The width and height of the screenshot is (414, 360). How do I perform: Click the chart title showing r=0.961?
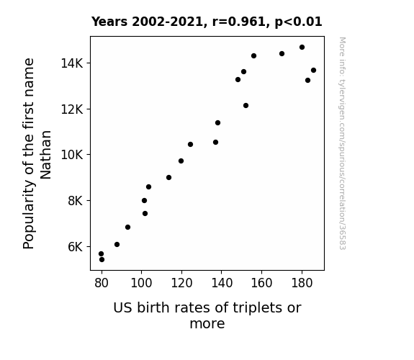coord(207,22)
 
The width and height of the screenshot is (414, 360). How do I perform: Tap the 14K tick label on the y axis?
coord(72,63)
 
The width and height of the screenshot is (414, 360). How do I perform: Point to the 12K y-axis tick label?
coord(72,109)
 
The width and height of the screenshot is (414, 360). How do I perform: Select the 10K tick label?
coord(72,155)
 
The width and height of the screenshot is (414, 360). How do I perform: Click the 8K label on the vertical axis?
coord(76,201)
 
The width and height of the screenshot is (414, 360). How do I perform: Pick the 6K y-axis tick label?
coord(76,247)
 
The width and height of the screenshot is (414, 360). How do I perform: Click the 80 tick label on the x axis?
coord(102,283)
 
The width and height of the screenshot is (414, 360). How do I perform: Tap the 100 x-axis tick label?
coord(141,283)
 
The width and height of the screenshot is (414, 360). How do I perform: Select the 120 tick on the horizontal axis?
coord(181,283)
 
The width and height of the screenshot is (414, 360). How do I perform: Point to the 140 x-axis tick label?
coord(222,283)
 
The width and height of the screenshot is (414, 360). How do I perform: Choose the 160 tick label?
coord(261,283)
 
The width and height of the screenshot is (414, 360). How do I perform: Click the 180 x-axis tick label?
coord(302,283)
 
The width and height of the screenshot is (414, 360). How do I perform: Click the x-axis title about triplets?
coord(207,315)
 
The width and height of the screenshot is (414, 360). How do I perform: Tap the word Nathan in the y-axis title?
coord(45,155)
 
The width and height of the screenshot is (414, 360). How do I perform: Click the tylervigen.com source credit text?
coord(343,143)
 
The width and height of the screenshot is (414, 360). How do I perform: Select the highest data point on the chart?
coord(302,48)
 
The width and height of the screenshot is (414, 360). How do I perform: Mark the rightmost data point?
coord(314,71)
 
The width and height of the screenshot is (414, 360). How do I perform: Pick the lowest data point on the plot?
coord(102,260)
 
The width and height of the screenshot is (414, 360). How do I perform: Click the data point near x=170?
coord(282,53)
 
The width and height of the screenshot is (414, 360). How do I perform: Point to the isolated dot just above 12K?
coord(246,106)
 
